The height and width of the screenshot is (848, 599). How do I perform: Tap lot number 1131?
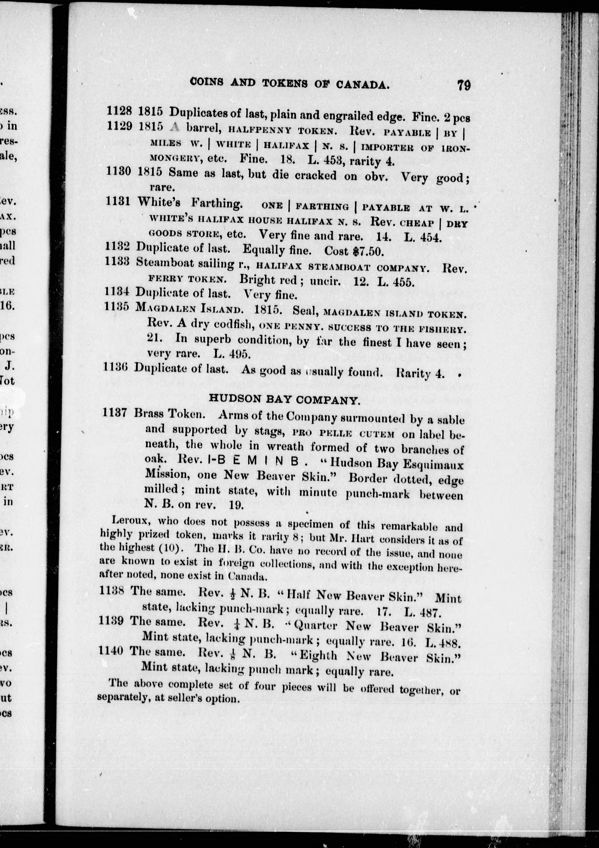coord(118,201)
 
